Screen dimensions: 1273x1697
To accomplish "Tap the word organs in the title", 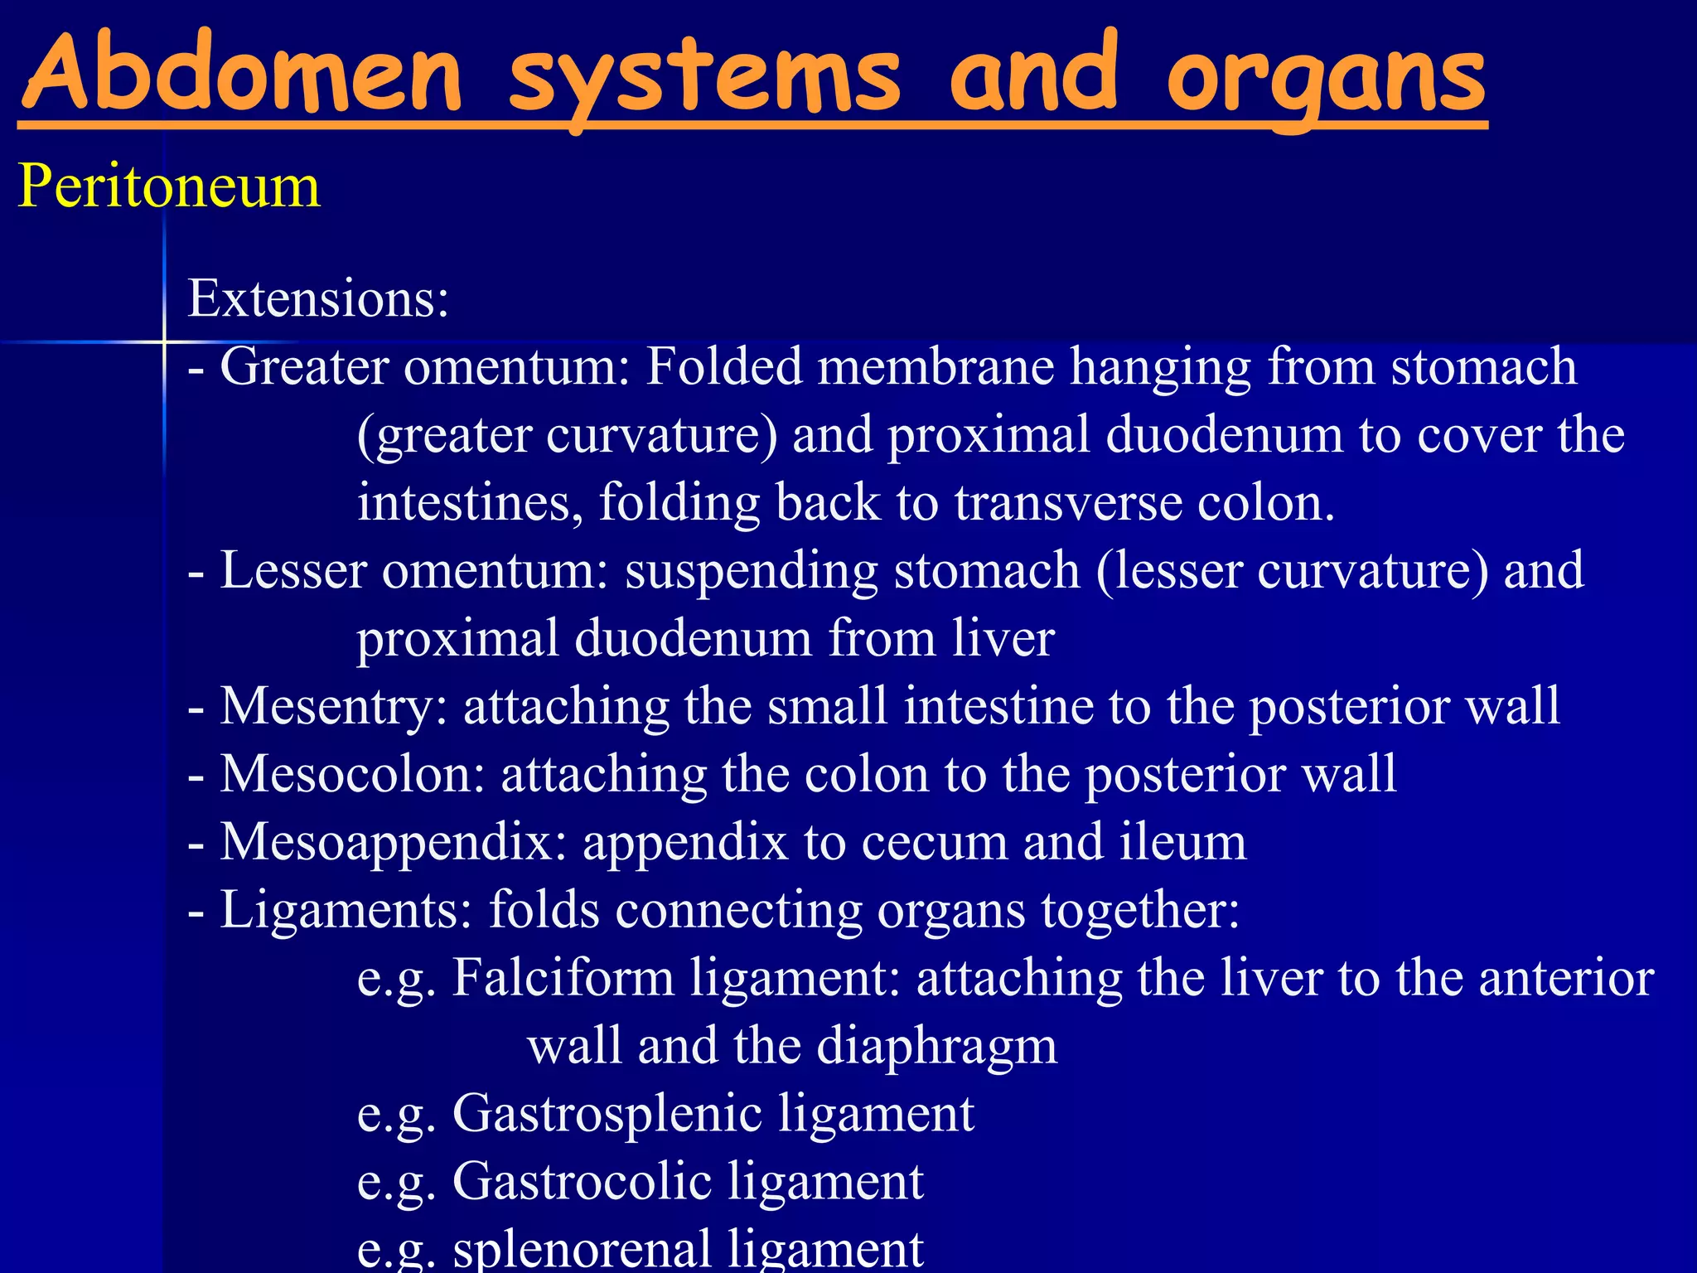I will coord(1326,79).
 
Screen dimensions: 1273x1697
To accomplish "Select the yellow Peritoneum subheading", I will coord(169,186).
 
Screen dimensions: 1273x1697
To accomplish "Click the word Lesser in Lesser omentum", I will coord(293,570).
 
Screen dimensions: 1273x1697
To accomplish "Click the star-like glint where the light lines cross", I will coord(164,341).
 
